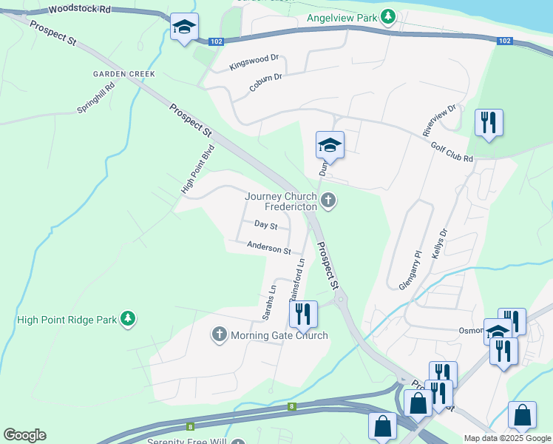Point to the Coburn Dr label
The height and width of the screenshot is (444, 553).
pos(265,81)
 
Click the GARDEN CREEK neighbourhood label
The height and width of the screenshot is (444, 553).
pos(123,74)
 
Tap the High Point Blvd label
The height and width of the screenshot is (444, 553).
pos(197,169)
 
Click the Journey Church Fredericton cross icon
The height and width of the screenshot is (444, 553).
pos(328,200)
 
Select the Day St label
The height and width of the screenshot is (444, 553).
pos(265,224)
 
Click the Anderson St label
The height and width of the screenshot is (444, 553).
pos(269,248)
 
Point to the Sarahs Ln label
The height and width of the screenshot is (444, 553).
pos(268,302)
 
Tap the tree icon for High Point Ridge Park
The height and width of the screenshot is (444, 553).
pos(128,319)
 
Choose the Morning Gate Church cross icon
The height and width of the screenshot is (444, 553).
pos(219,335)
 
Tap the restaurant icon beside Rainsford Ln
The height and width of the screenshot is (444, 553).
pos(303,314)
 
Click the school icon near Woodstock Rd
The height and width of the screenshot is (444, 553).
pos(183,28)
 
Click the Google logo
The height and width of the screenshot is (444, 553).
pos(24,435)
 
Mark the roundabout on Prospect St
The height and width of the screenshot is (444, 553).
pos(341,300)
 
